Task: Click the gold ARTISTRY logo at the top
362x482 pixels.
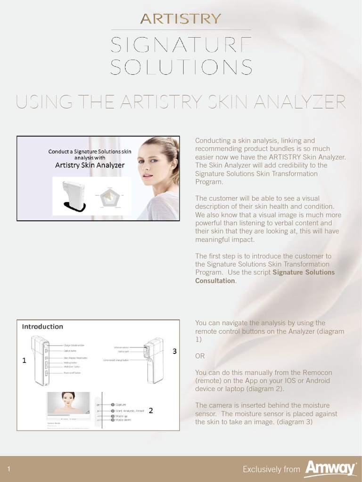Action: (181, 19)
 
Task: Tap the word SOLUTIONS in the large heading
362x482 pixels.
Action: (181, 67)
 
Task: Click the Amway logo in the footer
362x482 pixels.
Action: (329, 468)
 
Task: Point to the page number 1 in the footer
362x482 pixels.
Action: (9, 469)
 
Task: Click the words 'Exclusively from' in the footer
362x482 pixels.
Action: (271, 469)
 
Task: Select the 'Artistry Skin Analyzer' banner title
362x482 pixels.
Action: (90, 165)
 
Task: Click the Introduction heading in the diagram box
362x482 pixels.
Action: (43, 326)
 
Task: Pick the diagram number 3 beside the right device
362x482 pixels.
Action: (174, 351)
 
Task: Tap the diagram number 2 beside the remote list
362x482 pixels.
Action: (150, 410)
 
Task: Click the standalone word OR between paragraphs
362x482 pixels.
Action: (200, 356)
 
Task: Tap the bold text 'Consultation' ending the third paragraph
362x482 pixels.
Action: (215, 281)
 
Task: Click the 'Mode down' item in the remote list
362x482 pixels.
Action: (123, 420)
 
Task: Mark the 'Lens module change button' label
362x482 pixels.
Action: (116, 360)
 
